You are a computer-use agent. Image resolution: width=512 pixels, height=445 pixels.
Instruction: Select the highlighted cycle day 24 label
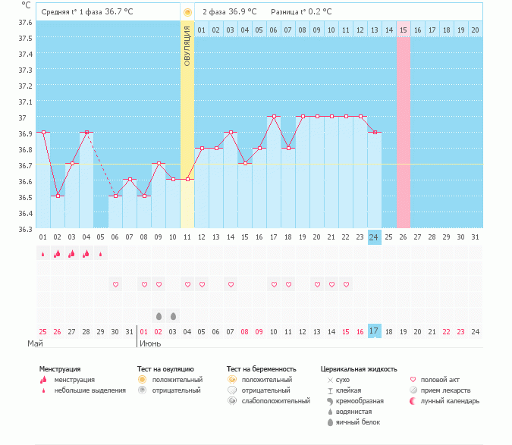374,237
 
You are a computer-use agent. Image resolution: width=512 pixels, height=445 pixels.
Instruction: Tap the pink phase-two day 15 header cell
404,30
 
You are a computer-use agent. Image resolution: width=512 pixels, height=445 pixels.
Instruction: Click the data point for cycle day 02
58,196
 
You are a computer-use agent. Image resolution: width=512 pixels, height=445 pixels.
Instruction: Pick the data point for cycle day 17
273,117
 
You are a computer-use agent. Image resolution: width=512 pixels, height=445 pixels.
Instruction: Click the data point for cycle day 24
374,133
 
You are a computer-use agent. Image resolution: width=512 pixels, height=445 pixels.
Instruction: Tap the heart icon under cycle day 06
115,284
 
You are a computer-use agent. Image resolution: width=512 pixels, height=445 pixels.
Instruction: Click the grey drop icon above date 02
159,315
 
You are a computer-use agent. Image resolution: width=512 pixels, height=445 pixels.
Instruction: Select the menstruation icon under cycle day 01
43,254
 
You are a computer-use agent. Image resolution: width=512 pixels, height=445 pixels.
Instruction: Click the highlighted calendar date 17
374,331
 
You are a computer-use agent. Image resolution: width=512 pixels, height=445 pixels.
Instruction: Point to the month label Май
35,343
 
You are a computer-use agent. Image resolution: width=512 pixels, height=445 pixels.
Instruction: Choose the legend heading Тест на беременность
260,369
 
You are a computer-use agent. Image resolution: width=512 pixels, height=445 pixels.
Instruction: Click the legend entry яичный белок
353,421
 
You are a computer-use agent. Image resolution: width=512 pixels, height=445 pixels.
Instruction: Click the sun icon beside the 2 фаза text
187,12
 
